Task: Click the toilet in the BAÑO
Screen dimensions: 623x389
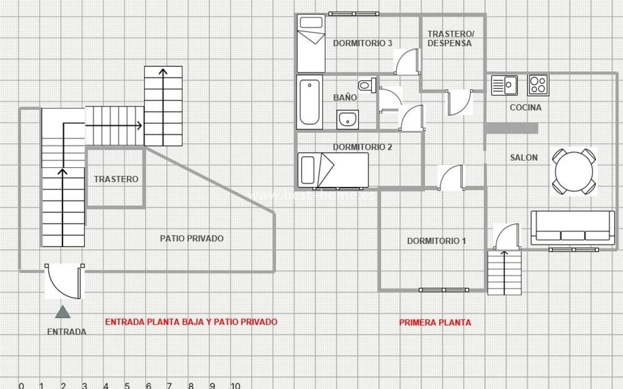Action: pos(367,85)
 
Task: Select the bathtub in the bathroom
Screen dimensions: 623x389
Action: pos(310,102)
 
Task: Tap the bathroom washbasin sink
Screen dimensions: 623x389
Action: pos(348,120)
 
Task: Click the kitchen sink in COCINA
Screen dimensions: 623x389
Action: pos(504,85)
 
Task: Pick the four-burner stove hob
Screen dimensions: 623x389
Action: pos(538,85)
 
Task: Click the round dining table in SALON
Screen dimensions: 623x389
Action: pos(574,172)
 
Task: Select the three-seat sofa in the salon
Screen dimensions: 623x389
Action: pos(573,228)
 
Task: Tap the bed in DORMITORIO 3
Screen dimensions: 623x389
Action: pos(311,43)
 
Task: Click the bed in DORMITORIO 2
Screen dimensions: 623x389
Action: pos(333,170)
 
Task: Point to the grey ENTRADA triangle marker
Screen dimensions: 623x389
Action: pos(63,312)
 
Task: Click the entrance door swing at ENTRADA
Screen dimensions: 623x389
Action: pos(64,281)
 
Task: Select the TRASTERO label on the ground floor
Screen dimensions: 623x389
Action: pos(116,179)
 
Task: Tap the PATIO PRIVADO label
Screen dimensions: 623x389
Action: pos(192,238)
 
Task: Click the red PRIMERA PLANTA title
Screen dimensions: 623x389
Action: pos(435,322)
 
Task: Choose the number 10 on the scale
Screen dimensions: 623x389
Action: pos(235,386)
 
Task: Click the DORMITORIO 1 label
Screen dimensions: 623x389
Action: pos(437,241)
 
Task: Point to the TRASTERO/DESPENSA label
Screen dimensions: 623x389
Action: pos(451,38)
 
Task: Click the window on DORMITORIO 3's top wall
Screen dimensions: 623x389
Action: pos(353,14)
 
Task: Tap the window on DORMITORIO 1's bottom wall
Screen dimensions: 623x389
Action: pos(443,290)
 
